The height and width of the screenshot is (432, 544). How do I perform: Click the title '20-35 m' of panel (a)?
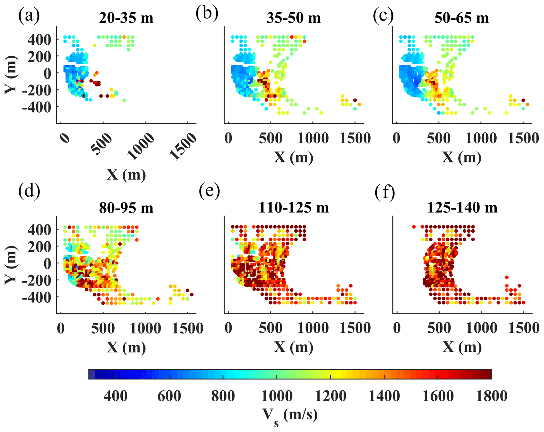[126, 18]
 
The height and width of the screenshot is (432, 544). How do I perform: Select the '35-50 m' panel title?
[293, 18]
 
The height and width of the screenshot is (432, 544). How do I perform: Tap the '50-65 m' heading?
[462, 18]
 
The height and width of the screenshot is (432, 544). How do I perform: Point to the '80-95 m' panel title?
[126, 208]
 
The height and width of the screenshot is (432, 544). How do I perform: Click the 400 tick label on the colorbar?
[116, 396]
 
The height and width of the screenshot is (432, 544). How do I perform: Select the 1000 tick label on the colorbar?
[277, 396]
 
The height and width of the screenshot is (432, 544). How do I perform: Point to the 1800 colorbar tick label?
[491, 396]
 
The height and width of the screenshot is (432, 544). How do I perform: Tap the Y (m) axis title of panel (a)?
[11, 75]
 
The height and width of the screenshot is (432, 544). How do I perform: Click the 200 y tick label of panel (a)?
[39, 57]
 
